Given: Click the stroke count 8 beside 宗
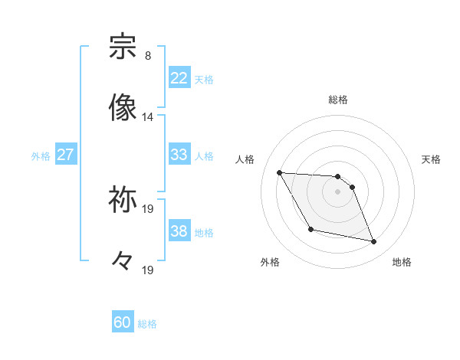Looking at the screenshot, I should pyautogui.click(x=147, y=56).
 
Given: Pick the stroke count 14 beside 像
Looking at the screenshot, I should pyautogui.click(x=147, y=117).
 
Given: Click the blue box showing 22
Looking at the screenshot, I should pyautogui.click(x=179, y=78).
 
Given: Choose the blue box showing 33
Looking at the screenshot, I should pyautogui.click(x=179, y=155).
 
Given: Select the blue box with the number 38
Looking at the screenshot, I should pyautogui.click(x=179, y=231).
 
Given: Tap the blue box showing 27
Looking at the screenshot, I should pyautogui.click(x=65, y=155).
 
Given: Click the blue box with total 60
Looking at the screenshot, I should pyautogui.click(x=123, y=322).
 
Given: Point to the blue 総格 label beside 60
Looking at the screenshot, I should pyautogui.click(x=148, y=324).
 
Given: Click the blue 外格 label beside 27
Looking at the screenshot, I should pyautogui.click(x=41, y=155).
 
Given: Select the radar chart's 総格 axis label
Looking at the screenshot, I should pyautogui.click(x=338, y=100).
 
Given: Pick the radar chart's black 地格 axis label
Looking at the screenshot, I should pyautogui.click(x=402, y=262).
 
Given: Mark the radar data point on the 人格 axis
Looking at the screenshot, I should pyautogui.click(x=280, y=172).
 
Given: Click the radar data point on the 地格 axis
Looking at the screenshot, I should pyautogui.click(x=374, y=242).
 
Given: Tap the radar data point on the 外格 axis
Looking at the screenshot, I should pyautogui.click(x=310, y=229).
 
